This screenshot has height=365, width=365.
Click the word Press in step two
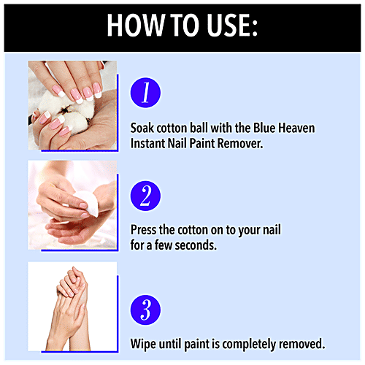point(145,230)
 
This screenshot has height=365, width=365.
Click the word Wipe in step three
point(144,343)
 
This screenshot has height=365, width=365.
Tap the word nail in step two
point(270,230)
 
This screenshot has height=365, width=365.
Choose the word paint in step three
point(201,343)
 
